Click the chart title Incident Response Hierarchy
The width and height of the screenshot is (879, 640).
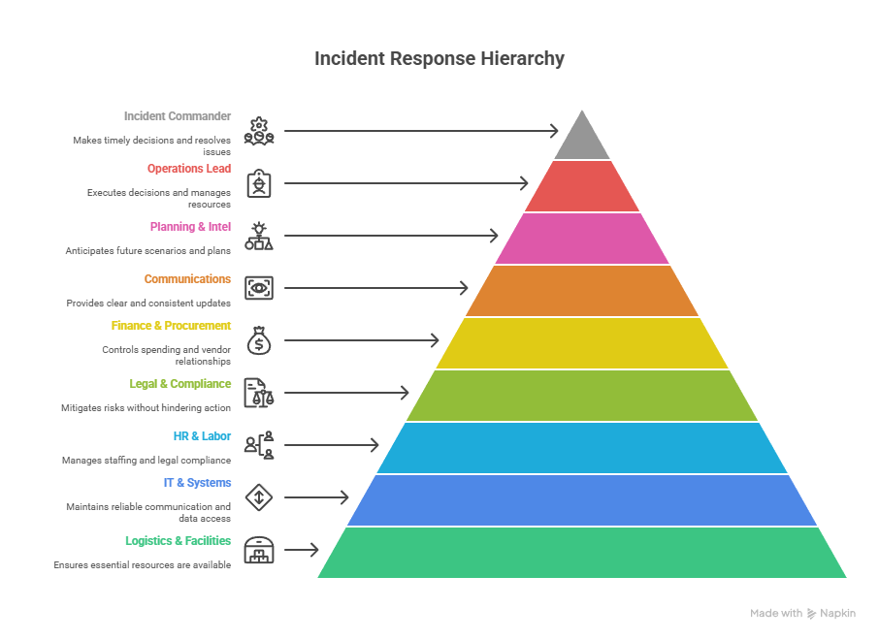tap(439, 58)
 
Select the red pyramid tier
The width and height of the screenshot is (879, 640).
tap(582, 186)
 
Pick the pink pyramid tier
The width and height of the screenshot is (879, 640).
tap(582, 239)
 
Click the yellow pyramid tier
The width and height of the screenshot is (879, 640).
tap(582, 343)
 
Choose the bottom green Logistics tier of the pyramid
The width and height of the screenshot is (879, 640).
tap(582, 553)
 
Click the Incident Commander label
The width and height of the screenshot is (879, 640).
tap(178, 116)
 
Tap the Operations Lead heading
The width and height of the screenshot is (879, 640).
tap(189, 169)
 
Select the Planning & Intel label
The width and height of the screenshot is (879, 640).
tap(190, 227)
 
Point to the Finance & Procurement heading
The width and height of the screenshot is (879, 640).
tap(171, 326)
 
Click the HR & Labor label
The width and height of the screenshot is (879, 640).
tap(203, 436)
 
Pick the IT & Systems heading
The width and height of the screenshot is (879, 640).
tap(197, 483)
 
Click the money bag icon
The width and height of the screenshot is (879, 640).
tap(259, 340)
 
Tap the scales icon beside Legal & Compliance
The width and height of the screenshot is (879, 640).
tap(259, 393)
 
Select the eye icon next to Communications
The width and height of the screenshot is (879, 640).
tap(259, 288)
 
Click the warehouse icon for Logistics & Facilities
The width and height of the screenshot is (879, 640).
tap(259, 550)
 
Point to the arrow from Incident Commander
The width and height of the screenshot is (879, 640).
tap(421, 131)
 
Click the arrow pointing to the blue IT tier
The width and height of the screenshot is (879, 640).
tap(316, 497)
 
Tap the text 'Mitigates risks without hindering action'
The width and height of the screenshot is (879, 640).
tap(146, 408)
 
